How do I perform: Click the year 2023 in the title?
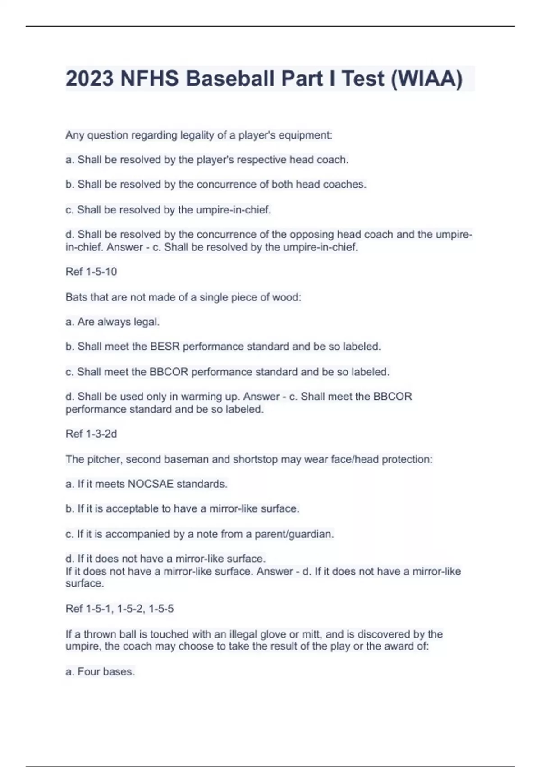tap(90, 79)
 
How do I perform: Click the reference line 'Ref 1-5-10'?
tap(91, 272)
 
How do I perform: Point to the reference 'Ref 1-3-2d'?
tap(91, 434)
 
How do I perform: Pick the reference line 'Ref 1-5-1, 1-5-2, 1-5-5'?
tap(119, 609)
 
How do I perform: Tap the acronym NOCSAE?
tap(151, 484)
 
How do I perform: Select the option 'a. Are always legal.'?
tap(113, 322)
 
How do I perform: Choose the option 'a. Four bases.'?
tap(100, 672)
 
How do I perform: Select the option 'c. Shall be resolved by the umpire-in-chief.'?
tap(168, 210)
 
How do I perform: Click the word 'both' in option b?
tap(282, 185)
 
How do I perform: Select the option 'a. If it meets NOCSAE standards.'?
tap(147, 484)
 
